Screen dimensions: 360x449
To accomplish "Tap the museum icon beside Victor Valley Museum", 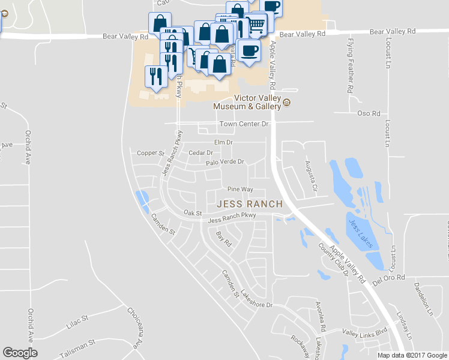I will pyautogui.click(x=286, y=102).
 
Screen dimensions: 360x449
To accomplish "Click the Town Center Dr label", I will pyautogui.click(x=244, y=124).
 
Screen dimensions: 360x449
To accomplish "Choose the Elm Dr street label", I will pyautogui.click(x=223, y=142).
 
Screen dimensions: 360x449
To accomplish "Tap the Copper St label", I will pyautogui.click(x=150, y=153).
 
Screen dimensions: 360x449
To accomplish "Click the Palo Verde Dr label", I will pyautogui.click(x=224, y=162).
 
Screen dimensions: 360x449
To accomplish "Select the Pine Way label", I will pyautogui.click(x=240, y=189).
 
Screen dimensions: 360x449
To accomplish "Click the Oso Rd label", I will pyautogui.click(x=369, y=113).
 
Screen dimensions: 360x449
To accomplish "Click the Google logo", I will pyautogui.click(x=20, y=353).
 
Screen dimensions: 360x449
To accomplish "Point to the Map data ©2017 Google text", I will pyautogui.click(x=412, y=355).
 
